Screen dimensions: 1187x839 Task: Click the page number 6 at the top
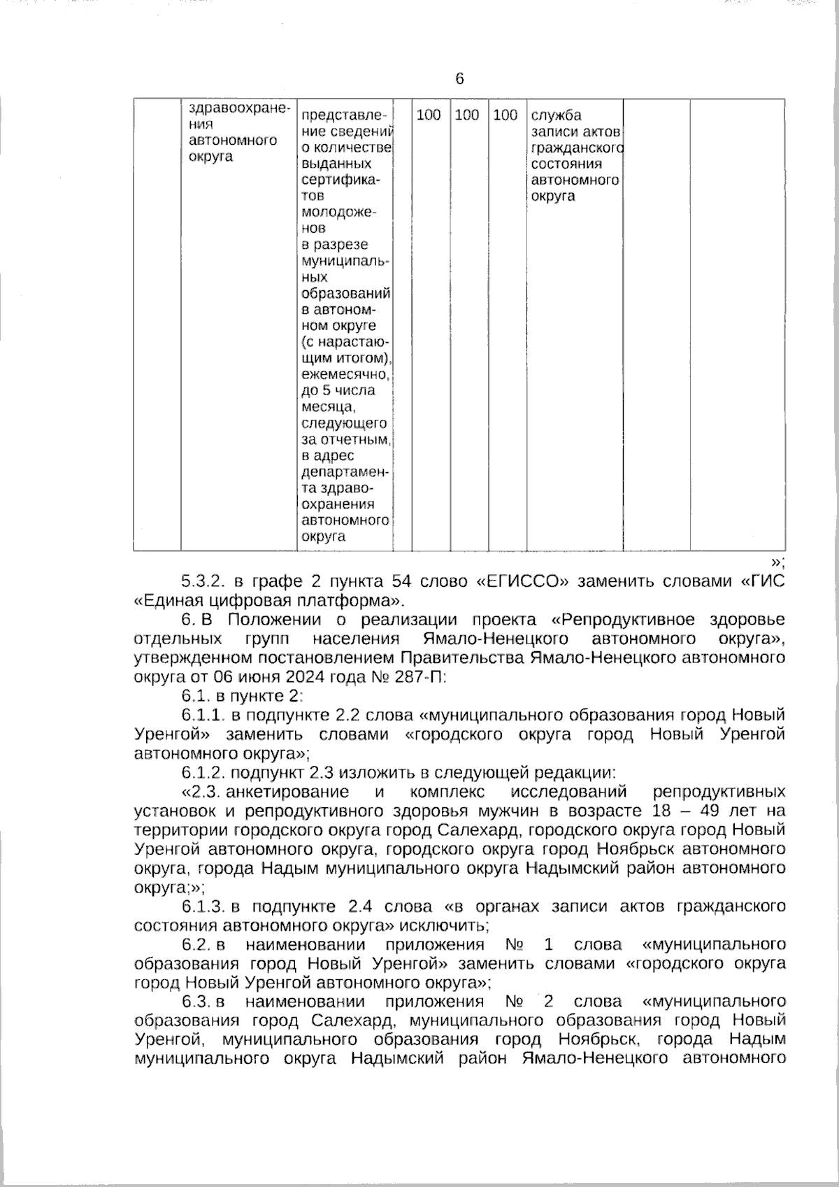point(459,79)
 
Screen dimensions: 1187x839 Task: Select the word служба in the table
point(556,115)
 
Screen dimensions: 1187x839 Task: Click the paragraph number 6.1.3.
point(203,907)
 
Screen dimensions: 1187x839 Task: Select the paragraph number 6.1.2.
point(203,773)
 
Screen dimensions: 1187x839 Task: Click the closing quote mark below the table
point(777,562)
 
